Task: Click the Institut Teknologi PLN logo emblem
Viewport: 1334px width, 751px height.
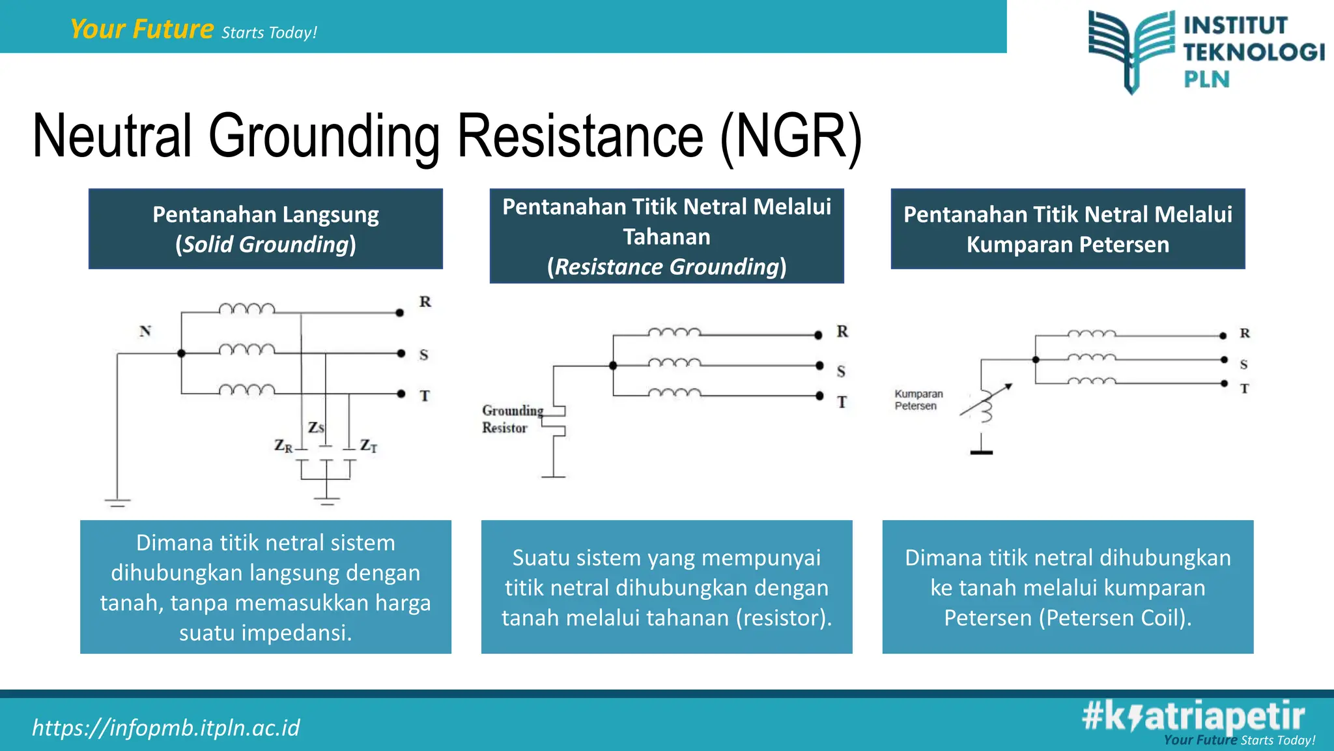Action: coord(1132,50)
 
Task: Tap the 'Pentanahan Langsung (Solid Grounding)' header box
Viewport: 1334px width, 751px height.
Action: coord(266,229)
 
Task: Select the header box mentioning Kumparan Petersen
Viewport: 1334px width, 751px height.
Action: coord(1068,229)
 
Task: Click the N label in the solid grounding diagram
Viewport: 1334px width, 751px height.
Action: coord(145,331)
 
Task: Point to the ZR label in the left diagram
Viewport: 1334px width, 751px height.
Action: coord(283,446)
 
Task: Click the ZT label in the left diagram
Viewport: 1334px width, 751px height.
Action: coord(369,446)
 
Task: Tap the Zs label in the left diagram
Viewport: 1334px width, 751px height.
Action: coord(316,428)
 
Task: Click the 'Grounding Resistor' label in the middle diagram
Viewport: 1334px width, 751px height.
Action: coord(512,419)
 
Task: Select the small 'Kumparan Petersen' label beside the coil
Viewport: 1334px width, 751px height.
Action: coord(918,400)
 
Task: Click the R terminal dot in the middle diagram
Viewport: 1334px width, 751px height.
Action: coord(818,335)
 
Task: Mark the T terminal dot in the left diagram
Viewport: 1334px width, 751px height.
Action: coord(401,394)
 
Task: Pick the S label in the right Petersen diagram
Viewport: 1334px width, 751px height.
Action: coord(1243,364)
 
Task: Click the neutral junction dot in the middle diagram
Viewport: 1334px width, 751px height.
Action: coord(613,366)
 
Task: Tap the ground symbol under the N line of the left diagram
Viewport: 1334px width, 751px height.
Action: coord(117,502)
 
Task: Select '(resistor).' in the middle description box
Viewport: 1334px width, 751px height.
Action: coord(784,617)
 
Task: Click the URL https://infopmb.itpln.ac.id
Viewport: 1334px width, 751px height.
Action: coord(166,728)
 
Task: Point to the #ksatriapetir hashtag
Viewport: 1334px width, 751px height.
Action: coord(1193,716)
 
